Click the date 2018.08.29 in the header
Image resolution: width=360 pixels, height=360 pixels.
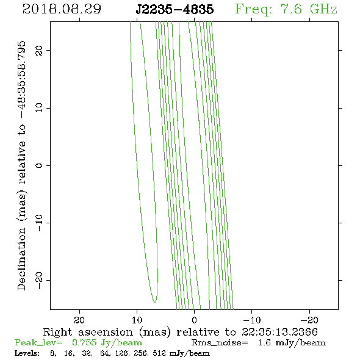[62, 9]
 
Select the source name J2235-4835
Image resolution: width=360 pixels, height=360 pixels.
[175, 9]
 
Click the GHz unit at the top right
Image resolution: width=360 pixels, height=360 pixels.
[323, 9]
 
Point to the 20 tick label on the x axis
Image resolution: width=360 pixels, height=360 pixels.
[79, 320]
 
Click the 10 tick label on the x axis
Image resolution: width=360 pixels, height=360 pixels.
[137, 320]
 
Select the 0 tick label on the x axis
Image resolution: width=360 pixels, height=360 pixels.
[194, 320]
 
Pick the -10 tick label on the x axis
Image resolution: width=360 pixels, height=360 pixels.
[252, 320]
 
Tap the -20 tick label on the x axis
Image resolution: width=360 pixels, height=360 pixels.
[309, 320]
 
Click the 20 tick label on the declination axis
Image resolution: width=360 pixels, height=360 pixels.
[39, 50]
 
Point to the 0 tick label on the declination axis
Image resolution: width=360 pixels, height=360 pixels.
[39, 165]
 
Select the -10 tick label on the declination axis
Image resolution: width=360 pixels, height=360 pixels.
[39, 223]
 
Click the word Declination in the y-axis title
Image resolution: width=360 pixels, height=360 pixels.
[21, 259]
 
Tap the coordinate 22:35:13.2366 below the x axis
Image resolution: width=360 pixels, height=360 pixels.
[279, 332]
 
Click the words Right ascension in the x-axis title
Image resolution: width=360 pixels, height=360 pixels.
[88, 333]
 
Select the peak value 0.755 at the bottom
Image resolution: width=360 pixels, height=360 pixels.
[84, 342]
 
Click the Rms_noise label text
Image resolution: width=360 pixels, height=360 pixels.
[220, 343]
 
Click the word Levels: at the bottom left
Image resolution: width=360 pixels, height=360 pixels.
[27, 353]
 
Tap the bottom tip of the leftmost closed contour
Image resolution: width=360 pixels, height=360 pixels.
[155, 303]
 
